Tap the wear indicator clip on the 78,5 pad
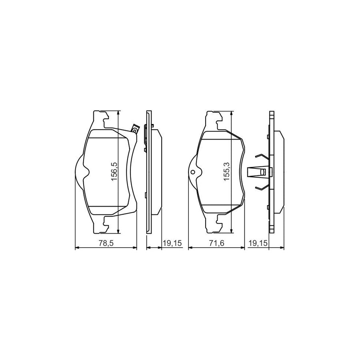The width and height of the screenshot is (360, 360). click(135, 129)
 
